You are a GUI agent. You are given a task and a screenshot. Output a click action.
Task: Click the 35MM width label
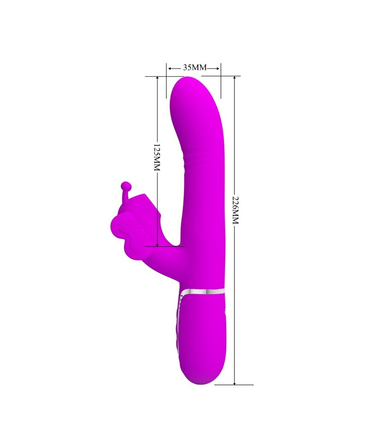pos(194,68)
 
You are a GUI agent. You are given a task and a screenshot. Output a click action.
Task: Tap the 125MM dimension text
pos(157,158)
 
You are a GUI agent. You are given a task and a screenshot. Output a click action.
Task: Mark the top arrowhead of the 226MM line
pos(234,79)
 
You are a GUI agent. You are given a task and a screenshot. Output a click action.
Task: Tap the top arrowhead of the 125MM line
pos(157,79)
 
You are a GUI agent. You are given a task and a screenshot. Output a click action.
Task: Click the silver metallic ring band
pos(203,292)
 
